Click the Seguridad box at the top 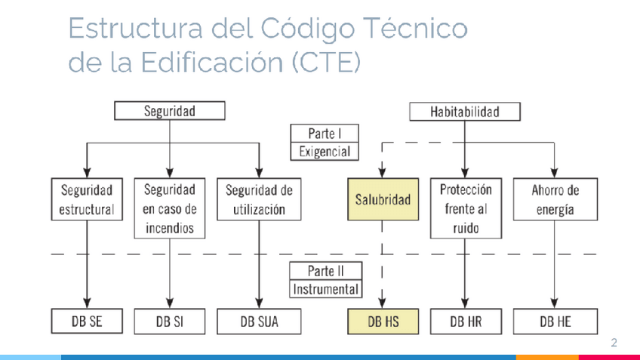[169, 112]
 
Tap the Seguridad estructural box [87, 200]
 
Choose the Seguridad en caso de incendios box [169, 208]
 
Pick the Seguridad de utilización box [259, 200]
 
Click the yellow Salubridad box [383, 200]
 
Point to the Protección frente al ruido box [466, 208]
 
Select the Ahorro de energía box [555, 200]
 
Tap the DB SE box [87, 322]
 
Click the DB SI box [169, 322]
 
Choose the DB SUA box [259, 322]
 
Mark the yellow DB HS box [383, 322]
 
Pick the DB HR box [466, 322]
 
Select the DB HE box [555, 322]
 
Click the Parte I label [325, 134]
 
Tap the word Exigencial [325, 151]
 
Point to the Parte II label [325, 271]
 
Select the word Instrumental [325, 289]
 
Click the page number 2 [614, 343]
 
